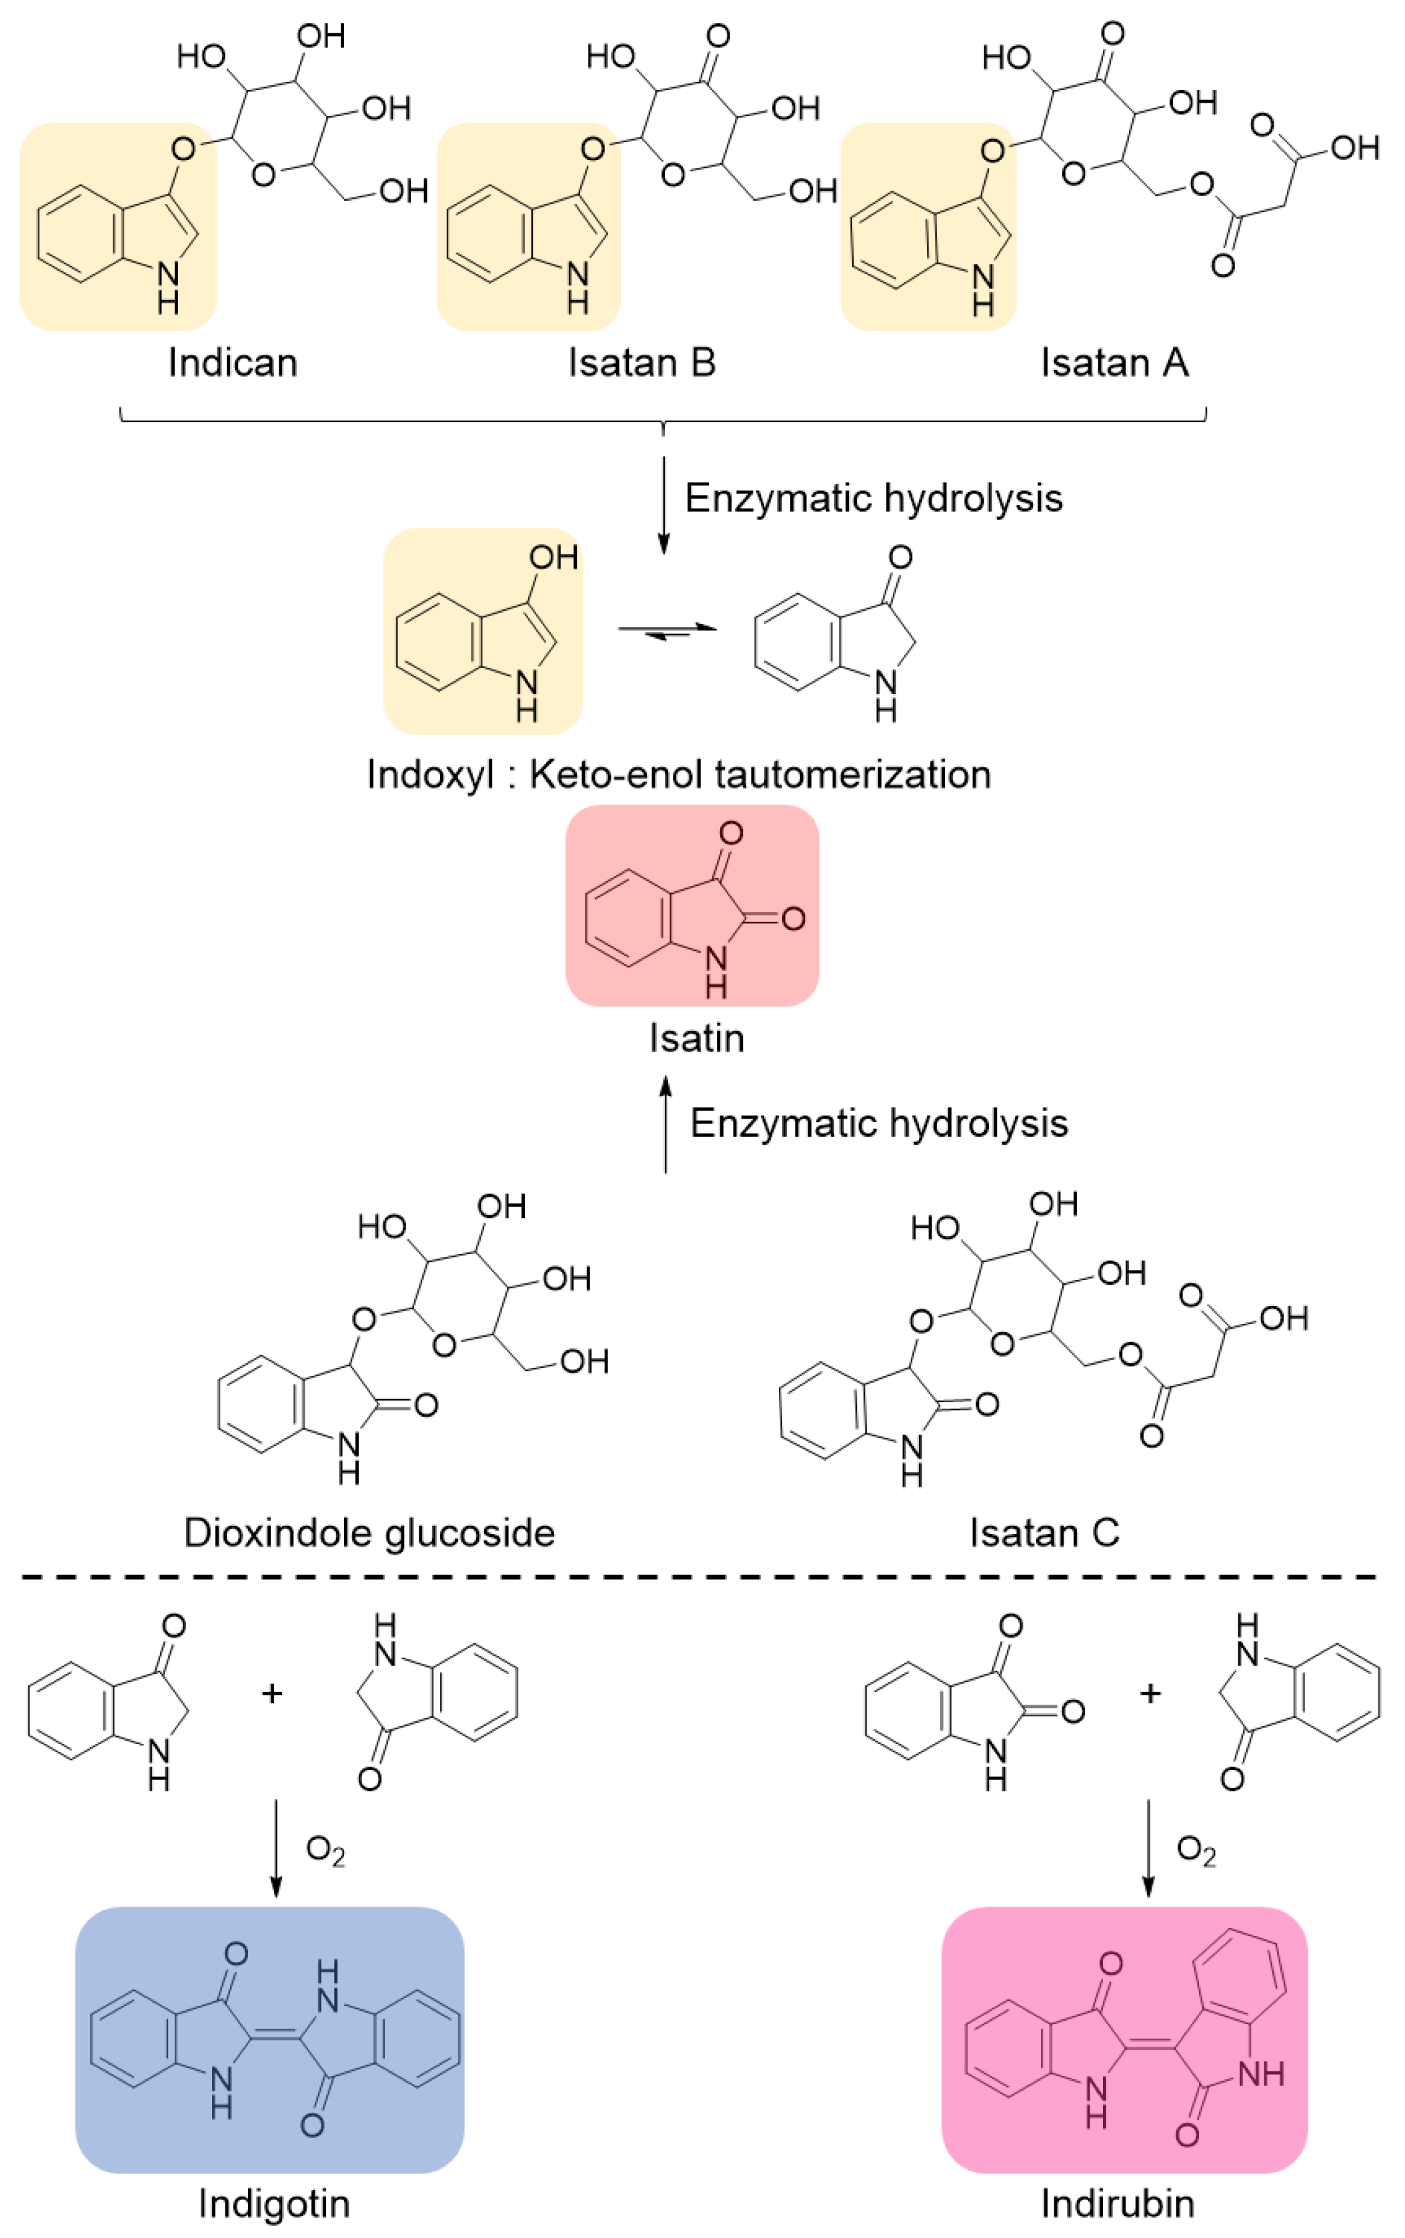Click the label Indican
[232, 362]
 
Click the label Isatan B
[642, 362]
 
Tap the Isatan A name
[1114, 362]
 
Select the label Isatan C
[1044, 1532]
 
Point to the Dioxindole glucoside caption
[369, 1532]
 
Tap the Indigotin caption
[274, 2203]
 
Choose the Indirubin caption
[1117, 2203]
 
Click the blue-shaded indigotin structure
[269, 2039]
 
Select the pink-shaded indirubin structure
[1124, 2039]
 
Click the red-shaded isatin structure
[692, 906]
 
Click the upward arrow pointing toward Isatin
[665, 1124]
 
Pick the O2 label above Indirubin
[1196, 1851]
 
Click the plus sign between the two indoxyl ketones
[271, 1693]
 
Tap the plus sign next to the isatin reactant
[1150, 1693]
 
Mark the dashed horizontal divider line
[697, 1577]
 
